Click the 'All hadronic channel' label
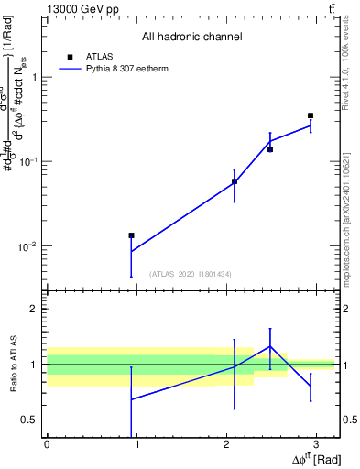click(x=191, y=37)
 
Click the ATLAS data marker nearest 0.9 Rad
click(x=131, y=235)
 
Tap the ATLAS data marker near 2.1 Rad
click(x=235, y=181)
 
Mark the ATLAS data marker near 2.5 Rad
click(x=270, y=149)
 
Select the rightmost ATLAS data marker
click(x=311, y=115)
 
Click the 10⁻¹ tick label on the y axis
click(x=29, y=161)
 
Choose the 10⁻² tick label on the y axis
click(x=29, y=246)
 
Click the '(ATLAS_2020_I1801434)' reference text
click(x=191, y=274)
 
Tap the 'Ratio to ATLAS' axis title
click(x=14, y=365)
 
